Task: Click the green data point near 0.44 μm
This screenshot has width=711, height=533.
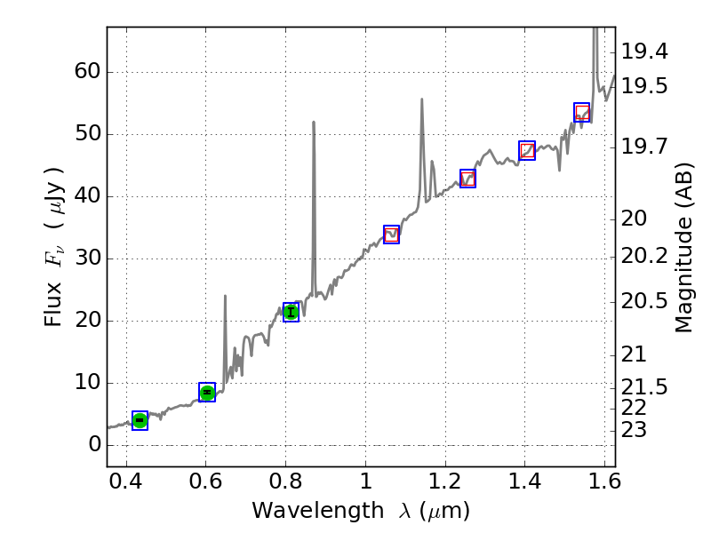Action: (x=140, y=420)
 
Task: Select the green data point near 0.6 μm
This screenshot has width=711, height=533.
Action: (x=207, y=392)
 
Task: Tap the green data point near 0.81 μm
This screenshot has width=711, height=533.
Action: (x=291, y=311)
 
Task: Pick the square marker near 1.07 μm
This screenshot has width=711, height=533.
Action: (x=391, y=235)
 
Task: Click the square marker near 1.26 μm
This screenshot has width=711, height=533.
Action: (x=467, y=179)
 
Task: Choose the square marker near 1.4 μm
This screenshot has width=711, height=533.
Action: (x=526, y=150)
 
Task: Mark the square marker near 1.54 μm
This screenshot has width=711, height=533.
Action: (x=581, y=112)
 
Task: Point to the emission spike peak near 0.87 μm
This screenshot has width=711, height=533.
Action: (x=314, y=122)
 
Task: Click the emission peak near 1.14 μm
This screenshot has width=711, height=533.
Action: (x=421, y=99)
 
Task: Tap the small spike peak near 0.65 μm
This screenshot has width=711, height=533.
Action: (x=225, y=296)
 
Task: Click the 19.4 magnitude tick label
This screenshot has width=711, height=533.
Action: (x=644, y=52)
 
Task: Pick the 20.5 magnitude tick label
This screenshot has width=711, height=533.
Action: (x=644, y=301)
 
